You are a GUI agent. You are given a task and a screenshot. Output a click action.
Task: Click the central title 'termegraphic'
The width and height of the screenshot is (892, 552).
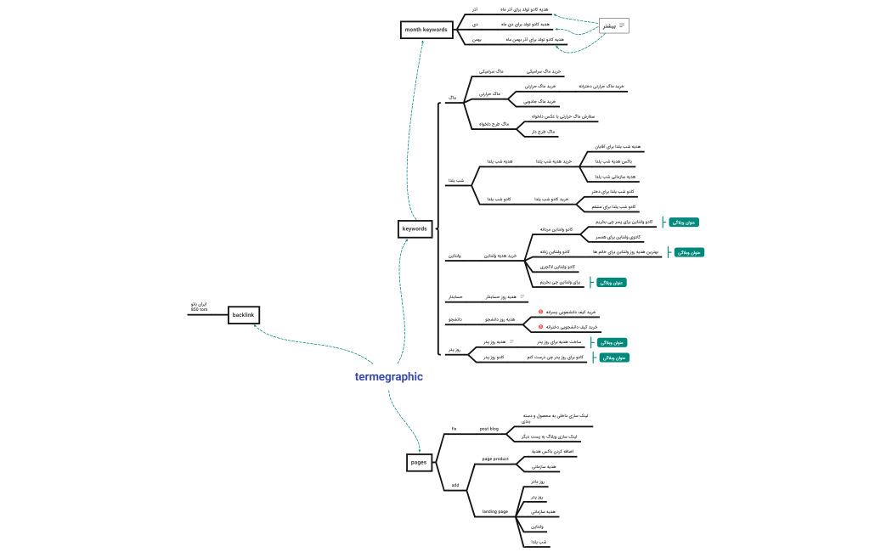388,376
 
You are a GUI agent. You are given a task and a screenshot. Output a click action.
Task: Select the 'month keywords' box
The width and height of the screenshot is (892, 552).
426,30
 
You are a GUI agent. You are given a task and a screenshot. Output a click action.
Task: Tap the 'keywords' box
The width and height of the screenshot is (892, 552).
415,228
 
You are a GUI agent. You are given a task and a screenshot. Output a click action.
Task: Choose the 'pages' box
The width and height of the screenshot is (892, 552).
419,462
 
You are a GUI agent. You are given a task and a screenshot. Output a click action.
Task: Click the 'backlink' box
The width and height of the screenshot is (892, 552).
242,315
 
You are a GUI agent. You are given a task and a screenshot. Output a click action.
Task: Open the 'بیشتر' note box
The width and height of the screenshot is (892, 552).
613,25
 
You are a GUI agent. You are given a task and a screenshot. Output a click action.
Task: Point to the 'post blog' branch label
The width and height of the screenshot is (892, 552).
489,429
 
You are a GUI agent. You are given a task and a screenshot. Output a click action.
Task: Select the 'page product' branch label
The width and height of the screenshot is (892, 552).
495,459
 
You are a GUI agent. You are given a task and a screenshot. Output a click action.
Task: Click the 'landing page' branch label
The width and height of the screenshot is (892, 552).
495,511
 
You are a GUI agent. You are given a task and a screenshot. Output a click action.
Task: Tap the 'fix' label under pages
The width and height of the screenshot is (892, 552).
454,429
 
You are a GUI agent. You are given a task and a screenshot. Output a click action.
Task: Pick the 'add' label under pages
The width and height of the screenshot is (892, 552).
455,485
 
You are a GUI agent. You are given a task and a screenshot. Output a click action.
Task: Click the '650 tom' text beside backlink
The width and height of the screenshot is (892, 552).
199,309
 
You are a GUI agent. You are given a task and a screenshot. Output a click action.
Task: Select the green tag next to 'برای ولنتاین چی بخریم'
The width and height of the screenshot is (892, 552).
611,282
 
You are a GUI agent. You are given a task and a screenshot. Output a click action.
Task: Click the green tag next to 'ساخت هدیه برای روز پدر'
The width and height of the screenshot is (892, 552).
612,342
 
